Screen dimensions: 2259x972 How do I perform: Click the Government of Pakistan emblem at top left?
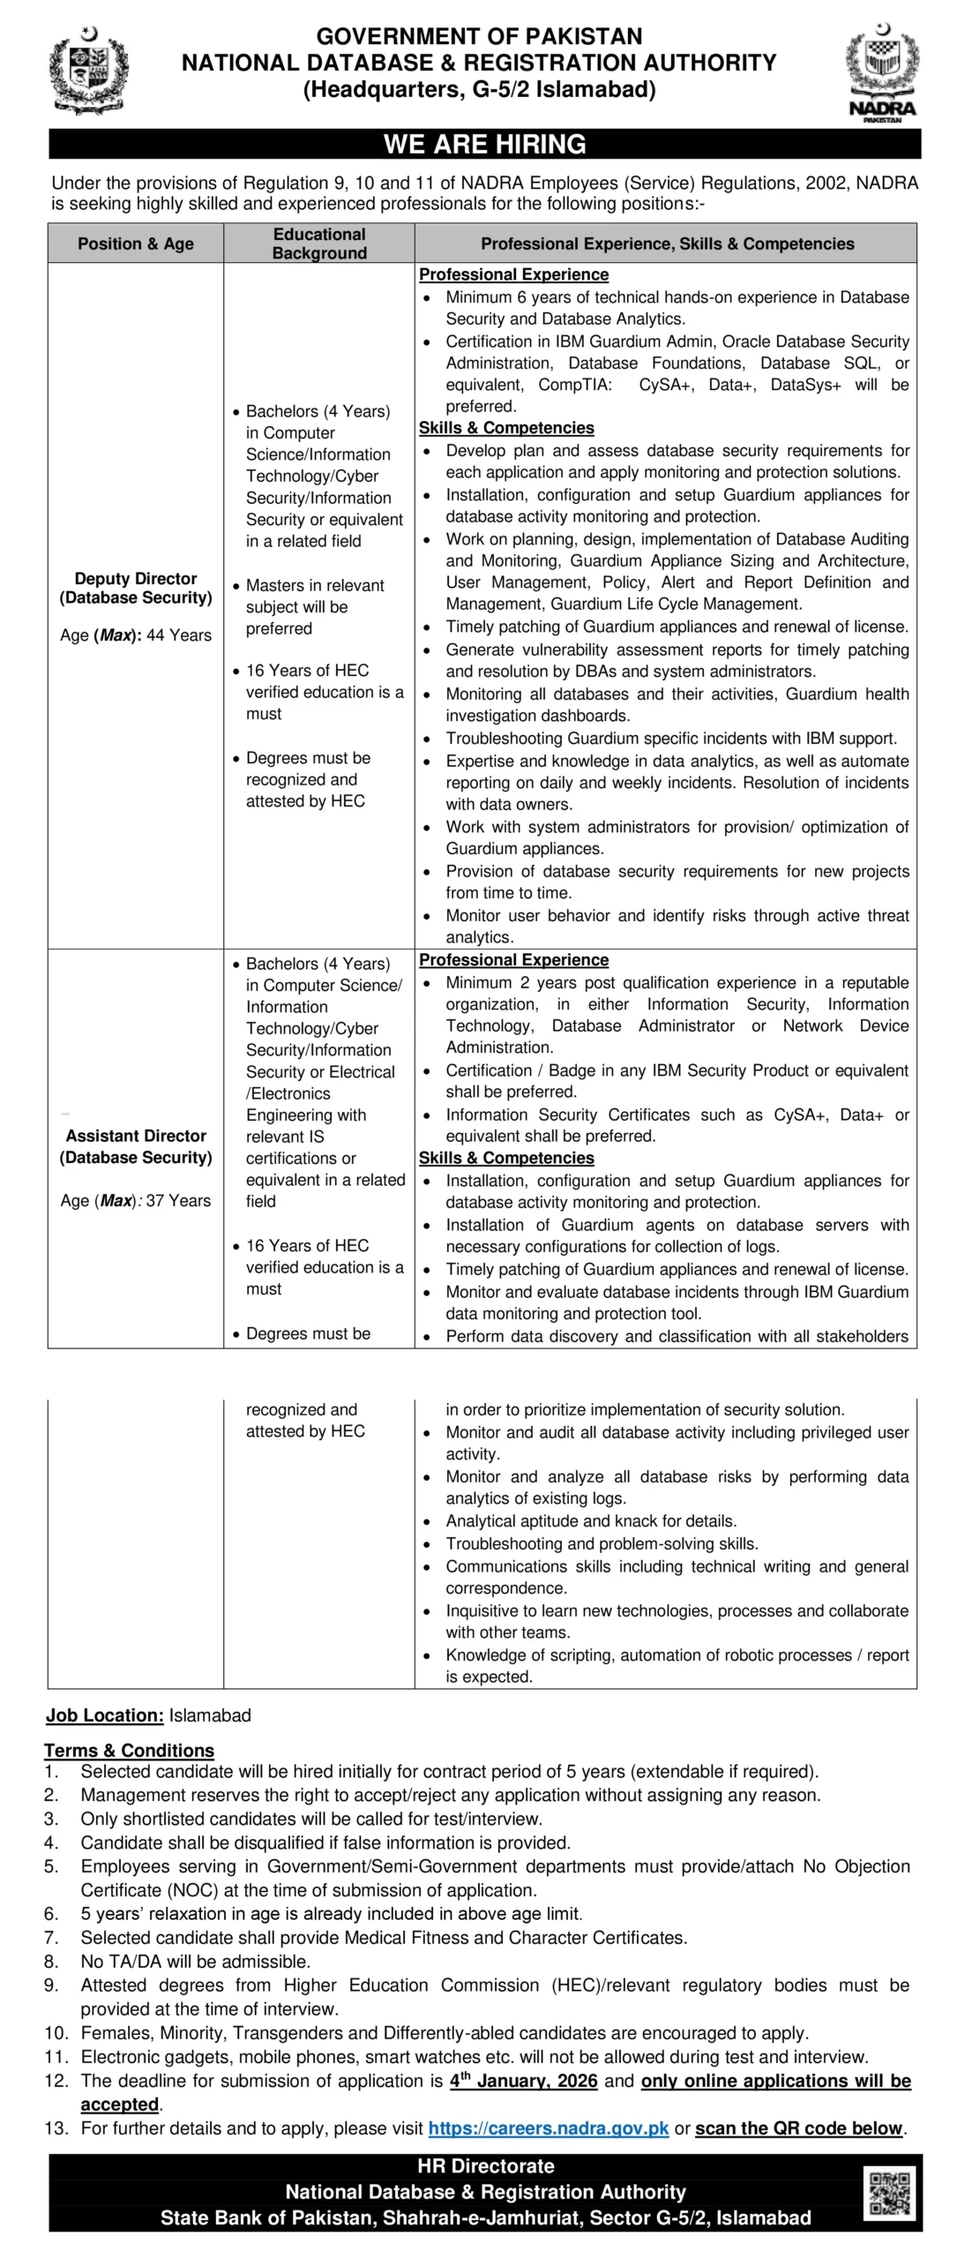coord(88,71)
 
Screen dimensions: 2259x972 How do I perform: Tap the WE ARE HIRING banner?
coord(484,144)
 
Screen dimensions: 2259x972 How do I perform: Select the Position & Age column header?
coord(135,244)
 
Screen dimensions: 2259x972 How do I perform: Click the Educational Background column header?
coord(318,244)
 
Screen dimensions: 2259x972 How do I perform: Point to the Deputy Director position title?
coord(136,588)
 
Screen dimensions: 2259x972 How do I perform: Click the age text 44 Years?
coord(179,635)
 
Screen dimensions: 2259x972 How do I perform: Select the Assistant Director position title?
coord(136,1145)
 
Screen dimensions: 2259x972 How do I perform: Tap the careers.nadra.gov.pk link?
coord(548,2128)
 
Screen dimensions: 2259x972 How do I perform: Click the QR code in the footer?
coord(889,2194)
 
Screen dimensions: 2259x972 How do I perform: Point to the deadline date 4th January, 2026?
coord(523,2080)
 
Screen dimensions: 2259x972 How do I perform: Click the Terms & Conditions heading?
coord(129,1750)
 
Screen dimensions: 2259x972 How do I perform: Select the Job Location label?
coord(104,1715)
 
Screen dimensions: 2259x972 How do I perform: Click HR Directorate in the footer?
coord(485,2165)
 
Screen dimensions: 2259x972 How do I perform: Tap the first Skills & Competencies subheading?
coord(506,428)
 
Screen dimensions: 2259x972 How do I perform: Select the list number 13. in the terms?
coord(56,2128)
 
